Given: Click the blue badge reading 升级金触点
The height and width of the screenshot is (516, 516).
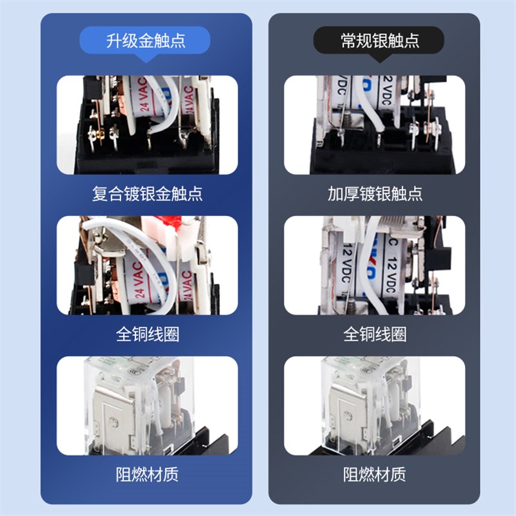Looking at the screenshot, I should (x=146, y=41).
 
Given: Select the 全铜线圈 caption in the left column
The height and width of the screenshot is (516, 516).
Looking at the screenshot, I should (x=147, y=334).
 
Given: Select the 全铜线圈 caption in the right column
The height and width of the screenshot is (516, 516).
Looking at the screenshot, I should (x=375, y=334).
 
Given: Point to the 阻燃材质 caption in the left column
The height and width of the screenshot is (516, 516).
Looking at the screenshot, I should (x=147, y=475).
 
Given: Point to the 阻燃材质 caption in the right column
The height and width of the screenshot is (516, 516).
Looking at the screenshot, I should (x=375, y=475).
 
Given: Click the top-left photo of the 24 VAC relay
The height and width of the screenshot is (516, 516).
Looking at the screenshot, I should (x=147, y=125).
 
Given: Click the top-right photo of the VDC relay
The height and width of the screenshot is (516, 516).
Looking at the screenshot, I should (x=375, y=125).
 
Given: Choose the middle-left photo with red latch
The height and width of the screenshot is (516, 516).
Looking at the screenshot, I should (x=147, y=265).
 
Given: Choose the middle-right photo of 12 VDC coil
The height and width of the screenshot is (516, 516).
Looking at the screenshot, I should (x=375, y=265).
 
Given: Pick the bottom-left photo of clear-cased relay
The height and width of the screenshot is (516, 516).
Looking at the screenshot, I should (x=147, y=406).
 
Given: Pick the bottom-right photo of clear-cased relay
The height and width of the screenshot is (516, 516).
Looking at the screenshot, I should (x=375, y=406).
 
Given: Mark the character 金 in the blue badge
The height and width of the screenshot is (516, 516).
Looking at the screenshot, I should (x=146, y=41).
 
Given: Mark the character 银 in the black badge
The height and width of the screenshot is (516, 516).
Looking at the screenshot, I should (x=381, y=41).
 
